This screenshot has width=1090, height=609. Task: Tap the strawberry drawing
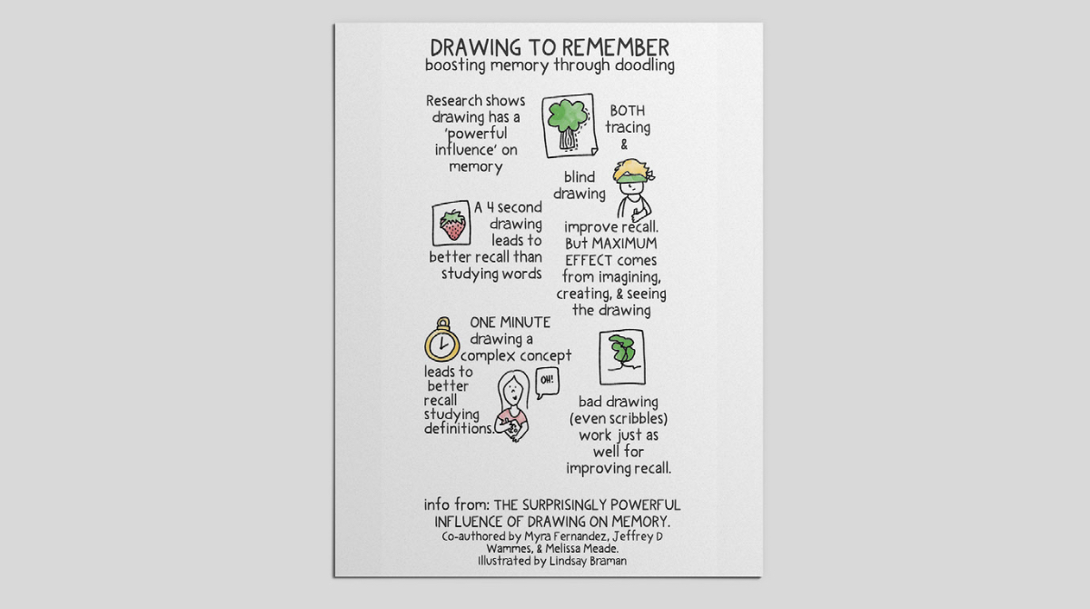451,225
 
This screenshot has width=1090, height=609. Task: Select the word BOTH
627,111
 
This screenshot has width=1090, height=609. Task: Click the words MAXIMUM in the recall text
624,244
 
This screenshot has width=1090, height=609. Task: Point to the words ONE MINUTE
510,323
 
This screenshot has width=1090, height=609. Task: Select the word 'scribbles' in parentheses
637,419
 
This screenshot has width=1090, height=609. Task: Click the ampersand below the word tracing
623,145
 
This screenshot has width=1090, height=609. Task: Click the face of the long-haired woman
512,392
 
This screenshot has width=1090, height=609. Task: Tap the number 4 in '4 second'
490,208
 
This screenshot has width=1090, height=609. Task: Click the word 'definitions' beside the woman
460,428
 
